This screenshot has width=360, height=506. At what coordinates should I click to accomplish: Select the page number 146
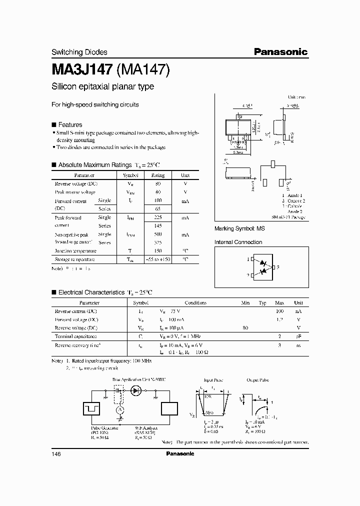click(56, 453)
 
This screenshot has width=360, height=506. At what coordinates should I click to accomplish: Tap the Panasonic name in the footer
click(179, 453)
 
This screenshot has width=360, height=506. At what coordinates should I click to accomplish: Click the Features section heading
click(70, 124)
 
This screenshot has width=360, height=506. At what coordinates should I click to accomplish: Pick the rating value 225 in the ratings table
click(158, 218)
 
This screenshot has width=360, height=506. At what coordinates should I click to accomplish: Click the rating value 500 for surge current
click(158, 234)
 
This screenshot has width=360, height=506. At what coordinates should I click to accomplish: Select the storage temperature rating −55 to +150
click(158, 259)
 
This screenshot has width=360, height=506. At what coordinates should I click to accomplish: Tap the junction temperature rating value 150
click(158, 251)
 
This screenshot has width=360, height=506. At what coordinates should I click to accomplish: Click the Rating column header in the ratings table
click(158, 175)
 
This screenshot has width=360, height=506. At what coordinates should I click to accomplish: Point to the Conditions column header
click(195, 303)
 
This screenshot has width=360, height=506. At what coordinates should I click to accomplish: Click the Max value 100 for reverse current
click(279, 311)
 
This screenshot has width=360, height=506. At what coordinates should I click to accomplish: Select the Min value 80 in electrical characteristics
click(245, 328)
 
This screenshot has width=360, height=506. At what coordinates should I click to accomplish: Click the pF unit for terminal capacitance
click(298, 336)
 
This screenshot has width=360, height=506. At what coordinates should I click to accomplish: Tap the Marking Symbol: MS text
click(239, 228)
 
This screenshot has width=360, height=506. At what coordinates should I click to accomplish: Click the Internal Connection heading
click(238, 242)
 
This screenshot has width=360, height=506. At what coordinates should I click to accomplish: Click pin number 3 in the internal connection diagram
click(277, 267)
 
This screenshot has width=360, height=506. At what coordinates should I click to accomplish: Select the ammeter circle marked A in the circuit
click(119, 409)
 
